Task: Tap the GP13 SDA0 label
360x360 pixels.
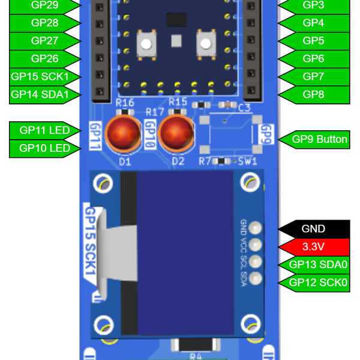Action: (318, 265)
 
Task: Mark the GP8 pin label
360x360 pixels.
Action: (313, 94)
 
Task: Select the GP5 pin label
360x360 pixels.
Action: (313, 41)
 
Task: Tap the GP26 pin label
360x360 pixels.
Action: (44, 59)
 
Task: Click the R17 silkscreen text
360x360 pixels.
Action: (155, 112)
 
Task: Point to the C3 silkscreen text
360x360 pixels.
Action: (244, 109)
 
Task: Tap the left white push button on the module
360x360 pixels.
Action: (146, 43)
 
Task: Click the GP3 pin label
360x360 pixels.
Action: (313, 5)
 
